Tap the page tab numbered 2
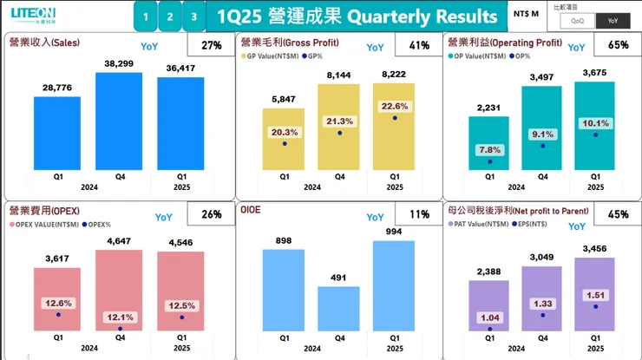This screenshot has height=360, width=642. coord(170,16)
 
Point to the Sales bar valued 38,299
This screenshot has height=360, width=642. coord(118,121)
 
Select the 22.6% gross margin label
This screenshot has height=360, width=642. coord(395,106)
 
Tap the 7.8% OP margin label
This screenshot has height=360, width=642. coord(488,149)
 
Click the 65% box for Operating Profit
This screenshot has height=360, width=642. coord(618,45)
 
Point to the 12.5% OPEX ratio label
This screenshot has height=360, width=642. coord(181,304)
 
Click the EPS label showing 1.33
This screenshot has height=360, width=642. coord(541,303)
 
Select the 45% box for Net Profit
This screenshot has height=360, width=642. coord(618,214)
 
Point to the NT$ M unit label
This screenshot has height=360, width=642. coord(526,15)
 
